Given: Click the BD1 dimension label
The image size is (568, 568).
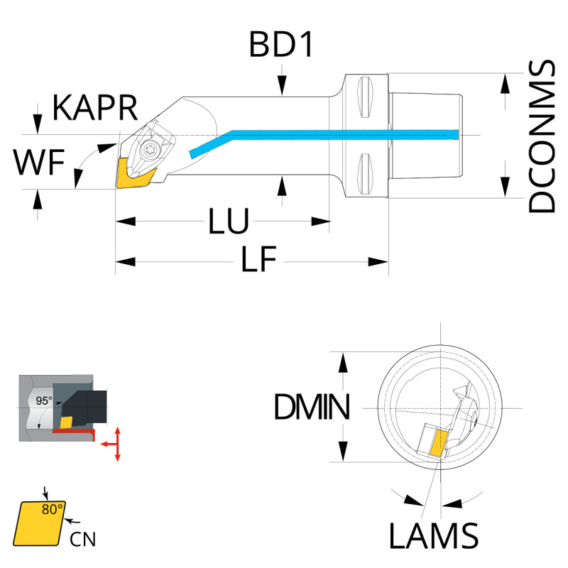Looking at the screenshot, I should [281, 45].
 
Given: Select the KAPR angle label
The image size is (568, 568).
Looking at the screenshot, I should [94, 110].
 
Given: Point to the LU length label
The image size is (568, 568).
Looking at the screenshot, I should [228, 222].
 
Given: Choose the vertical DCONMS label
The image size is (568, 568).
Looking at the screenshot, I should [542, 136].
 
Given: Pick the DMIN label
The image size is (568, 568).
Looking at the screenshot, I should [311, 408].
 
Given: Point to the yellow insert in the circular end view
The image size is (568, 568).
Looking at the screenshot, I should [437, 443].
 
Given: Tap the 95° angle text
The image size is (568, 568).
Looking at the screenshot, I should [44, 401].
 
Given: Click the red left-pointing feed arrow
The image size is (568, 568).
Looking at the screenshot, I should [106, 443].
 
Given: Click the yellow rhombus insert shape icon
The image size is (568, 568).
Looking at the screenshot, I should [39, 522].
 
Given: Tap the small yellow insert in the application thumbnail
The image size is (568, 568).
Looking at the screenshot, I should [67, 422].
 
